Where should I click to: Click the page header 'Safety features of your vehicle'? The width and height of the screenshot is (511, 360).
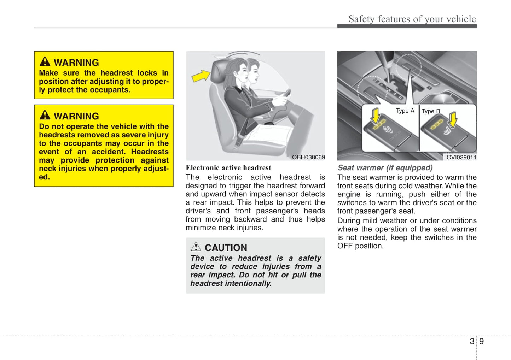click(x=412, y=19)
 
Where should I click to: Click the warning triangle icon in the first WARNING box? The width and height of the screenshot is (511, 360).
click(x=45, y=61)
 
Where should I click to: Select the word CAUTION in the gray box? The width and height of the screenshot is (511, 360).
click(x=226, y=248)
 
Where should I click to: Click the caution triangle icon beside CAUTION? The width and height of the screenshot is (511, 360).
click(x=196, y=247)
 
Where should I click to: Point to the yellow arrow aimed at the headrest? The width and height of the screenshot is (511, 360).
click(x=201, y=76)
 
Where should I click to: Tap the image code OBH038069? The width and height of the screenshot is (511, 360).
click(x=308, y=157)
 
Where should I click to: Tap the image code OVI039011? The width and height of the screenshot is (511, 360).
click(x=461, y=157)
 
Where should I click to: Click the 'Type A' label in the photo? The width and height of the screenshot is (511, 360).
click(x=405, y=111)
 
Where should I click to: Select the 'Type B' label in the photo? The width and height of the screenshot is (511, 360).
click(x=431, y=111)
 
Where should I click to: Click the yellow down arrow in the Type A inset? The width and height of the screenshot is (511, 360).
click(x=376, y=115)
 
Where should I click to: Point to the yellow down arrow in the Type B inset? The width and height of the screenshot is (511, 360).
click(x=453, y=119)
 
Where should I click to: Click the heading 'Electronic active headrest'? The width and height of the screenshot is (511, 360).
click(x=228, y=168)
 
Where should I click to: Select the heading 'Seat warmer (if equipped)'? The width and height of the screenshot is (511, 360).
click(x=385, y=168)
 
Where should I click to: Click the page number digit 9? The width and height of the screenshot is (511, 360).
click(x=481, y=341)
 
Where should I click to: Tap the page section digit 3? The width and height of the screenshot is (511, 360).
click(x=472, y=341)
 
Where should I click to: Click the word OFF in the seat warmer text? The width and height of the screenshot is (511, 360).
click(x=344, y=246)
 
